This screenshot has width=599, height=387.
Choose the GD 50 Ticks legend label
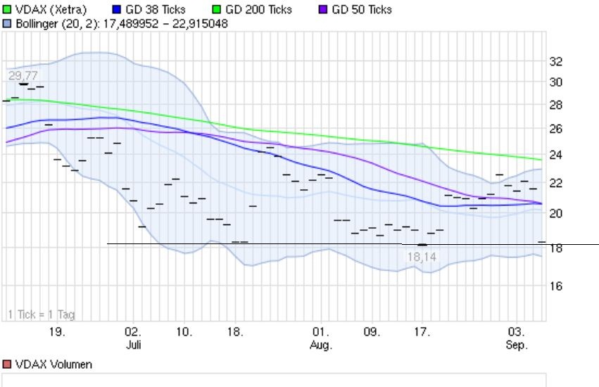361,10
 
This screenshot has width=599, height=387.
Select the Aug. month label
321,345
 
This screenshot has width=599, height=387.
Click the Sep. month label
517,345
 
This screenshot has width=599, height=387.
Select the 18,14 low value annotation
422,258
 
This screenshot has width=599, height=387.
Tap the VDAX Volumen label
52,364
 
